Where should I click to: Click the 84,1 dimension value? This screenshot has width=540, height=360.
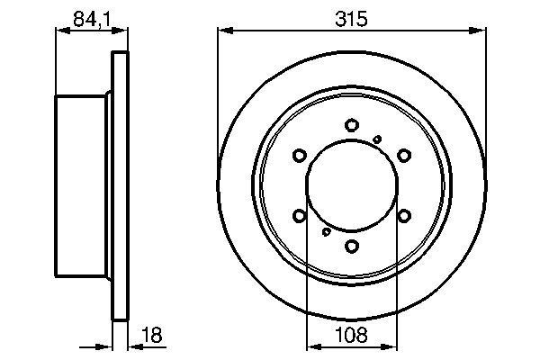87,14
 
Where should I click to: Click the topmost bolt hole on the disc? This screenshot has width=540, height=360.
352,126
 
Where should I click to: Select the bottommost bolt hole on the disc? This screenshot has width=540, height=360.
352,245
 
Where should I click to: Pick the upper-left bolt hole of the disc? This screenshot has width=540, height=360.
301,157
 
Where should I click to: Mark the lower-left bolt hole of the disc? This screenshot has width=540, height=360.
301,215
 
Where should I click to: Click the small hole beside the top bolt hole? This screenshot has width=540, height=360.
378,138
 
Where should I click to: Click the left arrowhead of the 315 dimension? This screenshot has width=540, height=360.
223,30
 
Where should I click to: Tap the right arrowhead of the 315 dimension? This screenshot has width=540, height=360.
481,30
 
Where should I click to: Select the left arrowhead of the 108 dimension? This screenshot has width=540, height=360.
311,347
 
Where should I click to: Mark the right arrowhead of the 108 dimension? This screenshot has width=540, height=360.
392,347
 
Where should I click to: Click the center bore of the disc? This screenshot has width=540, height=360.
352,185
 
